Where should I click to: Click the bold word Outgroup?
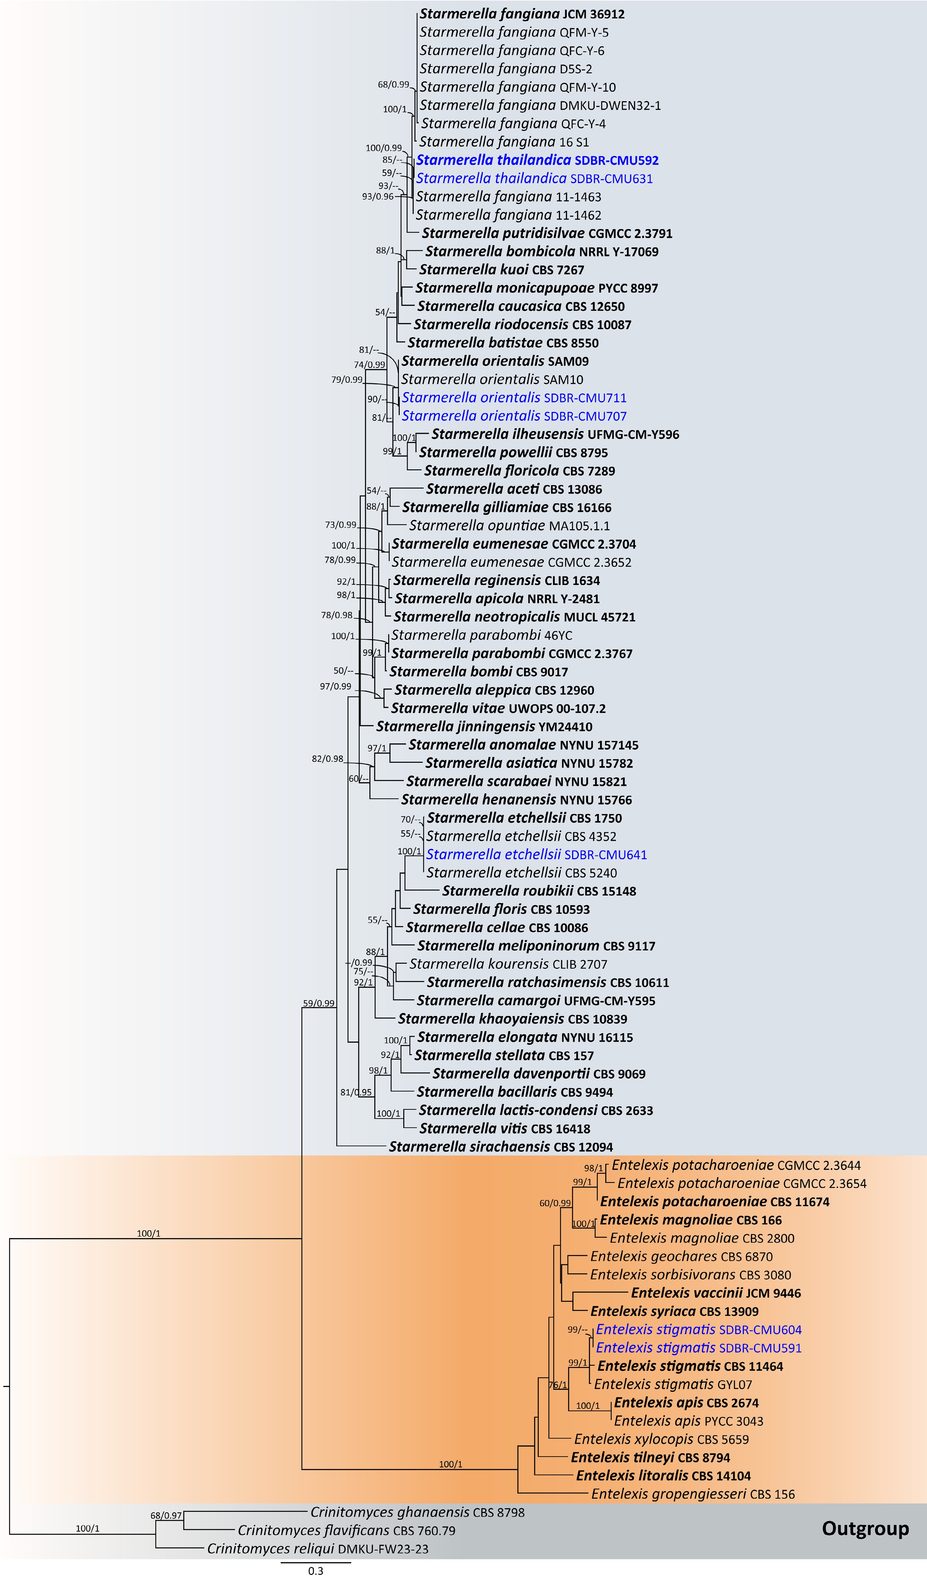865,1529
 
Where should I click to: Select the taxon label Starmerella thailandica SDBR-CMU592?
537,160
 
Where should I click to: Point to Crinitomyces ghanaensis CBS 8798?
417,1512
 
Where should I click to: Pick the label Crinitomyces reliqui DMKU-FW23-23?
318,1549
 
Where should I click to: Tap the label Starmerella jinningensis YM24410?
484,727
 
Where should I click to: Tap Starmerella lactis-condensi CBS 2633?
536,1110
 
